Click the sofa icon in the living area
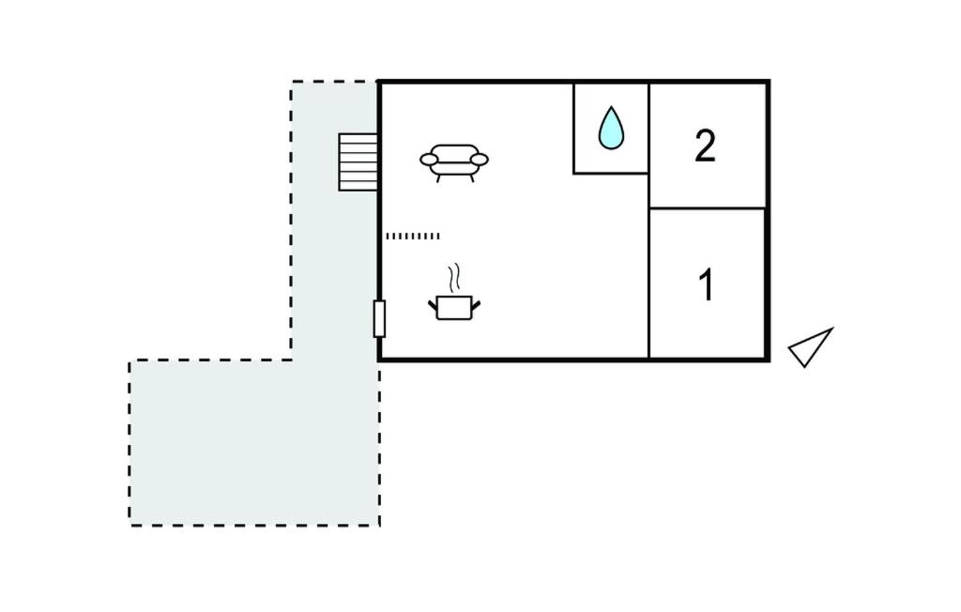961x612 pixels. (454, 161)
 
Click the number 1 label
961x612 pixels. (707, 285)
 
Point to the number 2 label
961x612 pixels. (705, 146)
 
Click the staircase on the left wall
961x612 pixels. (358, 161)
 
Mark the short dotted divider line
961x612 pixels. (412, 237)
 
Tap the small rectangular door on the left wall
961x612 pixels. (379, 319)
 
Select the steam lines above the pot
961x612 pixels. (455, 277)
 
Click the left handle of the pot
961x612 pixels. (434, 303)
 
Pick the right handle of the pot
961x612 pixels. (477, 303)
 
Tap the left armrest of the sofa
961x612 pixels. (428, 161)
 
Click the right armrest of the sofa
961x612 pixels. (480, 161)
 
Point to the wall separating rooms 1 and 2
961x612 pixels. (709, 207)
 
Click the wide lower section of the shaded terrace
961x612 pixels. (253, 441)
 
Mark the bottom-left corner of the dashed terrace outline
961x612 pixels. (130, 525)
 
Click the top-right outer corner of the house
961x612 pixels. (768, 83)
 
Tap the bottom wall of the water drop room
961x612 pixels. (611, 173)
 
